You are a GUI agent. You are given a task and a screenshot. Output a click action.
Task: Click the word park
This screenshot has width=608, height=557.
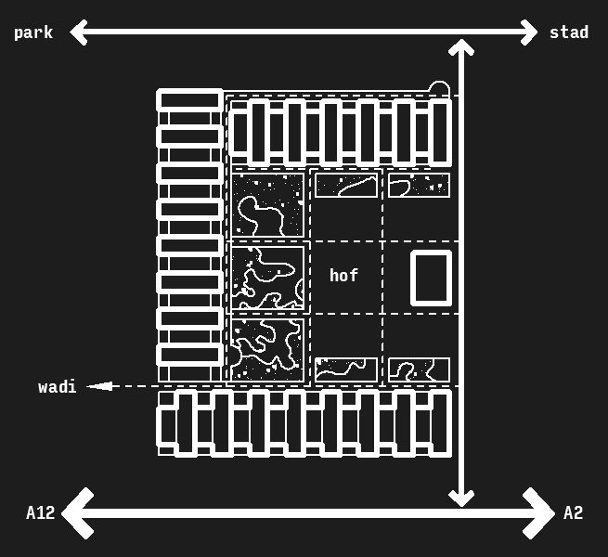click(33, 33)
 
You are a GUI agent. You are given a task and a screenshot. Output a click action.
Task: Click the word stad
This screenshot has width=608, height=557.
click(568, 33)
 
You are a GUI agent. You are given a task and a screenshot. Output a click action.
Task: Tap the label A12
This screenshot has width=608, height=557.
click(40, 513)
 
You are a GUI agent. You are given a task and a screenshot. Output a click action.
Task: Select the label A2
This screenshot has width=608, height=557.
click(573, 513)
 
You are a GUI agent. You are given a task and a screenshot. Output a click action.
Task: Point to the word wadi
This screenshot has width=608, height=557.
click(58, 387)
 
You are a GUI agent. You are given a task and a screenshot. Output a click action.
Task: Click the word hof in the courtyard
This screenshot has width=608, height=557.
click(343, 276)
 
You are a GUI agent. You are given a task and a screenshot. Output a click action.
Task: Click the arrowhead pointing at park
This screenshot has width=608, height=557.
click(79, 32)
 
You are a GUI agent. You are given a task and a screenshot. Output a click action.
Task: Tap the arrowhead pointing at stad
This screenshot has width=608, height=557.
click(529, 32)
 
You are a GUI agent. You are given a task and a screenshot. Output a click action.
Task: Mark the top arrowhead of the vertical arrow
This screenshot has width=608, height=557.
click(461, 47)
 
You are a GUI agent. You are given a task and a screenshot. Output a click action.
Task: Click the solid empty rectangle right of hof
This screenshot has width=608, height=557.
click(431, 278)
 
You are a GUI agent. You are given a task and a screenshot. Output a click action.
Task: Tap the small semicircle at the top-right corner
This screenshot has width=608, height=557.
click(439, 90)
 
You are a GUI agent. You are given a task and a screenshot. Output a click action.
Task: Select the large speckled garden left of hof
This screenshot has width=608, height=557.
click(267, 278)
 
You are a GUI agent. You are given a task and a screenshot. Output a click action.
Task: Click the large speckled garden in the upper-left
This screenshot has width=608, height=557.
click(267, 205)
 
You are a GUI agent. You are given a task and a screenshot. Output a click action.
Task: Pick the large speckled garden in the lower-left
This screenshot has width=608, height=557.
click(267, 349)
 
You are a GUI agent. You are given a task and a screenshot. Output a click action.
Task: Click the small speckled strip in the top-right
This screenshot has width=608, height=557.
click(419, 185)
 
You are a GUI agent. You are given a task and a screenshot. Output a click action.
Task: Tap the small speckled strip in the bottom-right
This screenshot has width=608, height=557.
click(419, 369)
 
